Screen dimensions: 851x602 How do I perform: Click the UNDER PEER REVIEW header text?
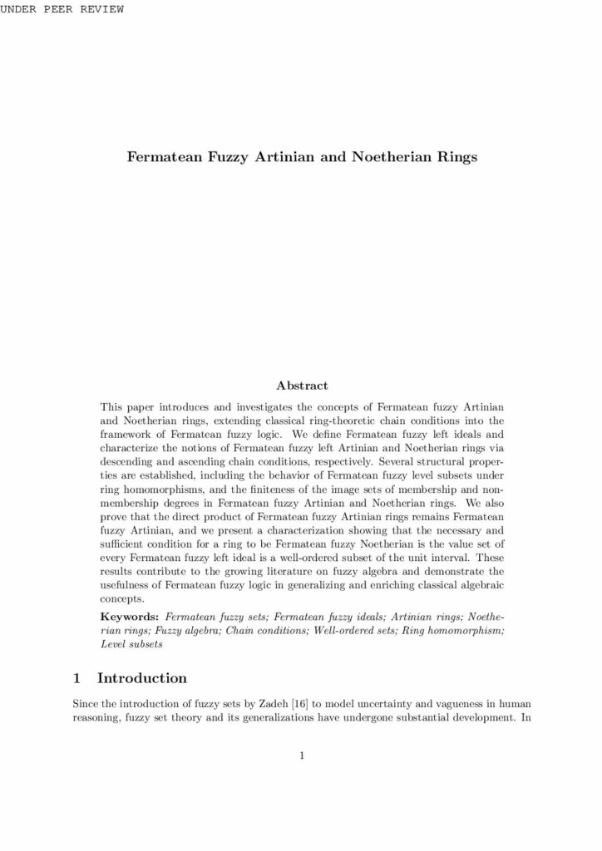point(62,9)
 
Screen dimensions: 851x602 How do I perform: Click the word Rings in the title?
point(456,156)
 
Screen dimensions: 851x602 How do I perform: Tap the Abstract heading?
point(301,386)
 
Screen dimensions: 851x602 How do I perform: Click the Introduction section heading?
point(141,677)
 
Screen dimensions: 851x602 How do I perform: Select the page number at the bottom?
point(301,755)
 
